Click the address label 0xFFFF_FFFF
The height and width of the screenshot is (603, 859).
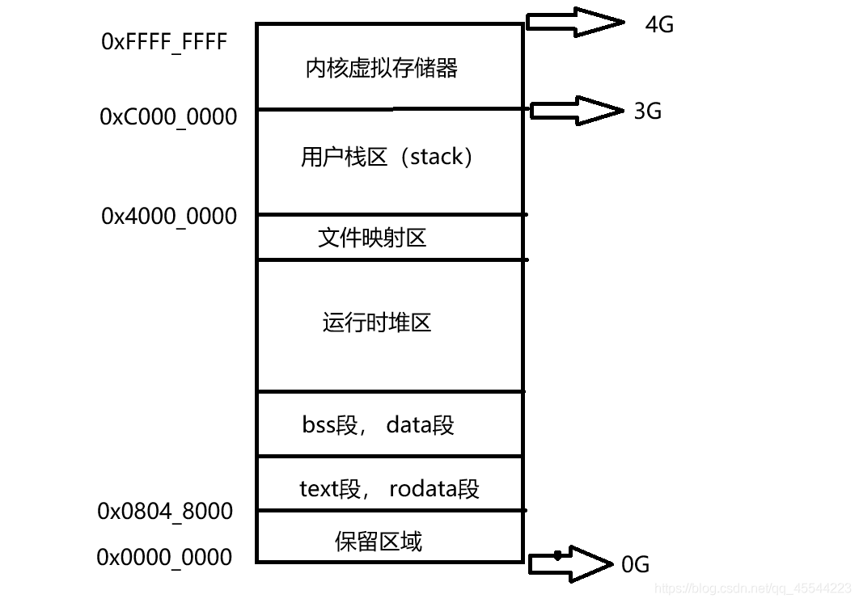click(x=164, y=42)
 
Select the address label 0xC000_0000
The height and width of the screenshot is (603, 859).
click(x=168, y=117)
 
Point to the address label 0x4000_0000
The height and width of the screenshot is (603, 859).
click(x=169, y=217)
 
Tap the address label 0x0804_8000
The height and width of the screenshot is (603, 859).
click(x=165, y=512)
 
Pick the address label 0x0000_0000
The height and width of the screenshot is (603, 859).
click(x=164, y=558)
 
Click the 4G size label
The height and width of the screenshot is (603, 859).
click(x=659, y=24)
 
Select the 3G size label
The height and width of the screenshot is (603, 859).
click(x=647, y=111)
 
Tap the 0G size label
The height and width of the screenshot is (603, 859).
click(x=635, y=565)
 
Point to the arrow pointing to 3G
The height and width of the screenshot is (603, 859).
click(x=573, y=109)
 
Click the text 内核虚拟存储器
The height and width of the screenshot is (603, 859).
click(x=382, y=68)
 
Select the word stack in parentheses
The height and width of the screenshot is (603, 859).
click(x=437, y=156)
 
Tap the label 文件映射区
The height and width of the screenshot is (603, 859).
click(x=372, y=238)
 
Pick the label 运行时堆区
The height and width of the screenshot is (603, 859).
click(x=377, y=323)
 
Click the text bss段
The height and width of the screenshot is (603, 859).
click(x=329, y=424)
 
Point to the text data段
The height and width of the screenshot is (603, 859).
click(x=421, y=424)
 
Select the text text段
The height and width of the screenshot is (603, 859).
click(x=330, y=489)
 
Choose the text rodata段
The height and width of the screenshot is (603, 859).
click(x=434, y=489)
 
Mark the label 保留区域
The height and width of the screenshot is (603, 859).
click(x=379, y=541)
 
